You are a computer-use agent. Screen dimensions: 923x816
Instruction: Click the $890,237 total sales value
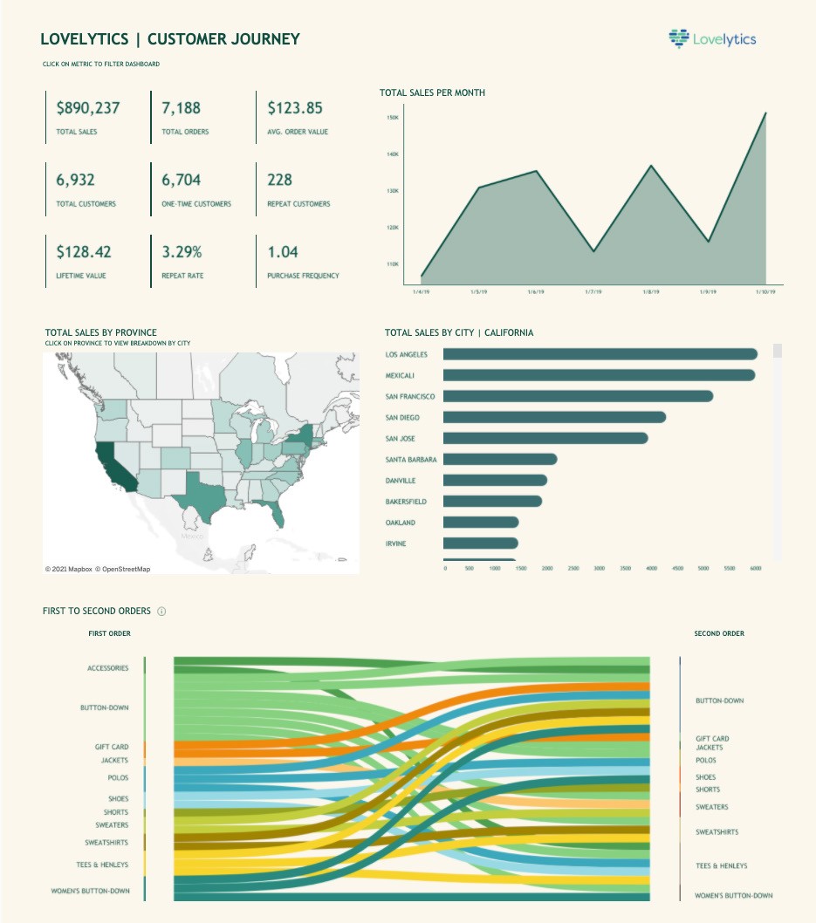tap(88, 108)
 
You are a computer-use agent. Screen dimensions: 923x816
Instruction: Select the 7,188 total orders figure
tap(182, 108)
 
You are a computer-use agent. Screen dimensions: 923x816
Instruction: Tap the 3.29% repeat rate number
tap(182, 252)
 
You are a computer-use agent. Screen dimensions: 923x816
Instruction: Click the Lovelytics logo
tap(712, 38)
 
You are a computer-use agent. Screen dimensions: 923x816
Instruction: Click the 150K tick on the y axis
tap(393, 117)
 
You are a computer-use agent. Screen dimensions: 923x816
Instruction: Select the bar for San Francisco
tap(578, 396)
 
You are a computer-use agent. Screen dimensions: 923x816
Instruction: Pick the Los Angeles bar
tap(600, 354)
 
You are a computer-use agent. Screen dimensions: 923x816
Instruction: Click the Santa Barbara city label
tap(412, 460)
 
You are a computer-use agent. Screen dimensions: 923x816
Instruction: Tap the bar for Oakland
tap(481, 523)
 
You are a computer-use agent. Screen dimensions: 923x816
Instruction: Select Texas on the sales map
tap(206, 499)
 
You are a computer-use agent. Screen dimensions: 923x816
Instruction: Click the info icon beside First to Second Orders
tap(161, 612)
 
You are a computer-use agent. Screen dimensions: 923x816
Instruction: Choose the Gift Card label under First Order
tap(112, 748)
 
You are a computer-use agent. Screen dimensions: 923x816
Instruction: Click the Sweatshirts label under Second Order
tap(717, 832)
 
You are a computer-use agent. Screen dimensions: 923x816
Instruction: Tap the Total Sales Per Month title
tap(432, 92)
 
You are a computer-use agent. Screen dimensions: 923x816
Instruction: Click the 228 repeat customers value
tap(280, 181)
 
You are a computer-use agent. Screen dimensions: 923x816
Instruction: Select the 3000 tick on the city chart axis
tap(600, 568)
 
